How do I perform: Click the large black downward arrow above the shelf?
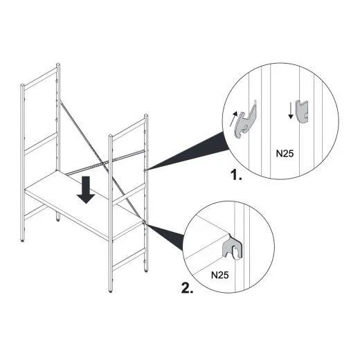86,190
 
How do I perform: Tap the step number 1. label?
237,174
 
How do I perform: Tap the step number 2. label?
187,288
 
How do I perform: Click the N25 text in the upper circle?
285,153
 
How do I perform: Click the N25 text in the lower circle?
220,275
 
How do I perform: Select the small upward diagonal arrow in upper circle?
233,119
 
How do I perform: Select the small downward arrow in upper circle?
291,111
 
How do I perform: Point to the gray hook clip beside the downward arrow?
303,111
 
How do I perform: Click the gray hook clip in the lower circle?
232,249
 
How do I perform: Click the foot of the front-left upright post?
22,240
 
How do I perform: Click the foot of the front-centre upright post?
111,291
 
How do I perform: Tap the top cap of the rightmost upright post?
146,116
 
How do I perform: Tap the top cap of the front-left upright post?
22,85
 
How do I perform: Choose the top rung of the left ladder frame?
40,78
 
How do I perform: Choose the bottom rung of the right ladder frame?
128,259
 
